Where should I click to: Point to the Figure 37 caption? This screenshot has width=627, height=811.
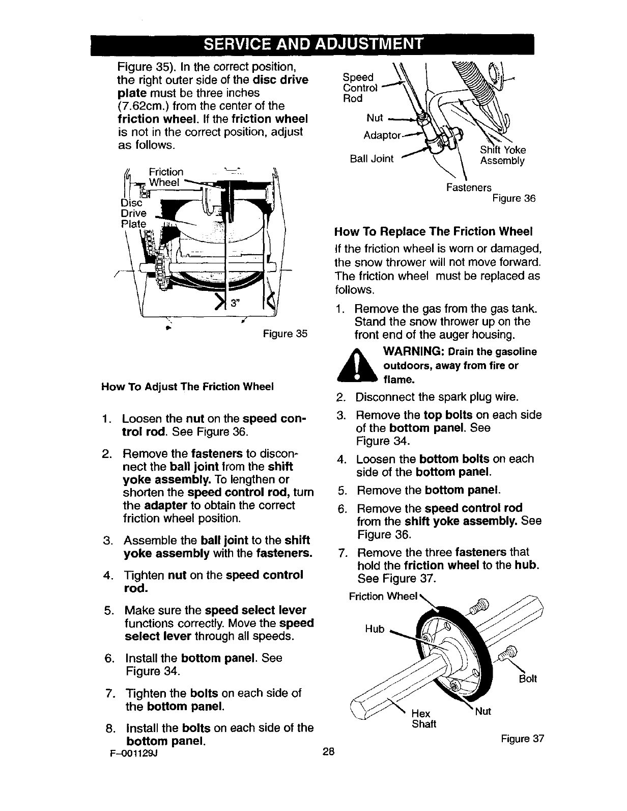pos(523,739)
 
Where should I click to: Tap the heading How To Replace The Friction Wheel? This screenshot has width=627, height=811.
pos(433,232)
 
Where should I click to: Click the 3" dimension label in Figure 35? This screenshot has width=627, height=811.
pos(235,303)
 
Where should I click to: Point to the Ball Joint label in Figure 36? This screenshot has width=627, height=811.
pos(372,158)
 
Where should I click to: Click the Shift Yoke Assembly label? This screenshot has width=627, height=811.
pos(503,155)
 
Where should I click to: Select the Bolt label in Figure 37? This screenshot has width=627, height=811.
pos(529,679)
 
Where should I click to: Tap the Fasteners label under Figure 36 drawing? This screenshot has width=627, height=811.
pos(469,188)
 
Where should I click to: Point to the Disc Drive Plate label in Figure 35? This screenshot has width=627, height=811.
pos(133,213)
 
